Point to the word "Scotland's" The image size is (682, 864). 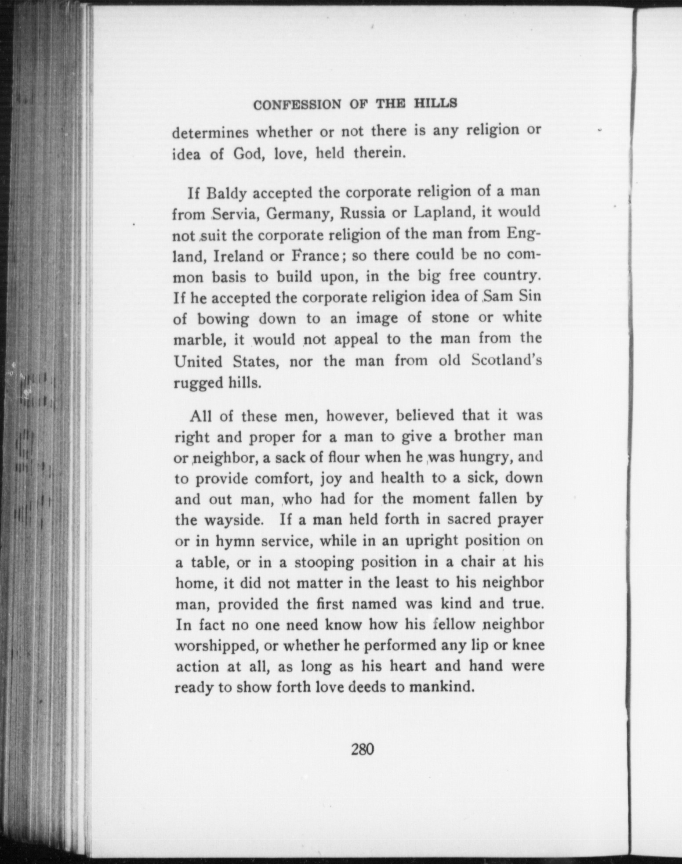pos(506,360)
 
